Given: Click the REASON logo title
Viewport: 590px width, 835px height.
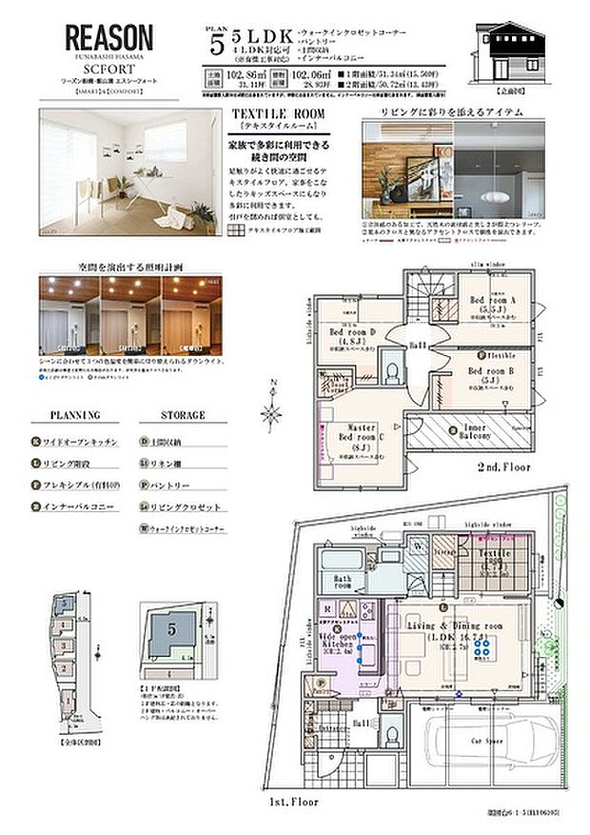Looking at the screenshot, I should (x=108, y=39).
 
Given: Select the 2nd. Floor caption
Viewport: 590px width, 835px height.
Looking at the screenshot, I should (x=503, y=467).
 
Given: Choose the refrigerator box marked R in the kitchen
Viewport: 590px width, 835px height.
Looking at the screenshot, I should (x=327, y=606).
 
